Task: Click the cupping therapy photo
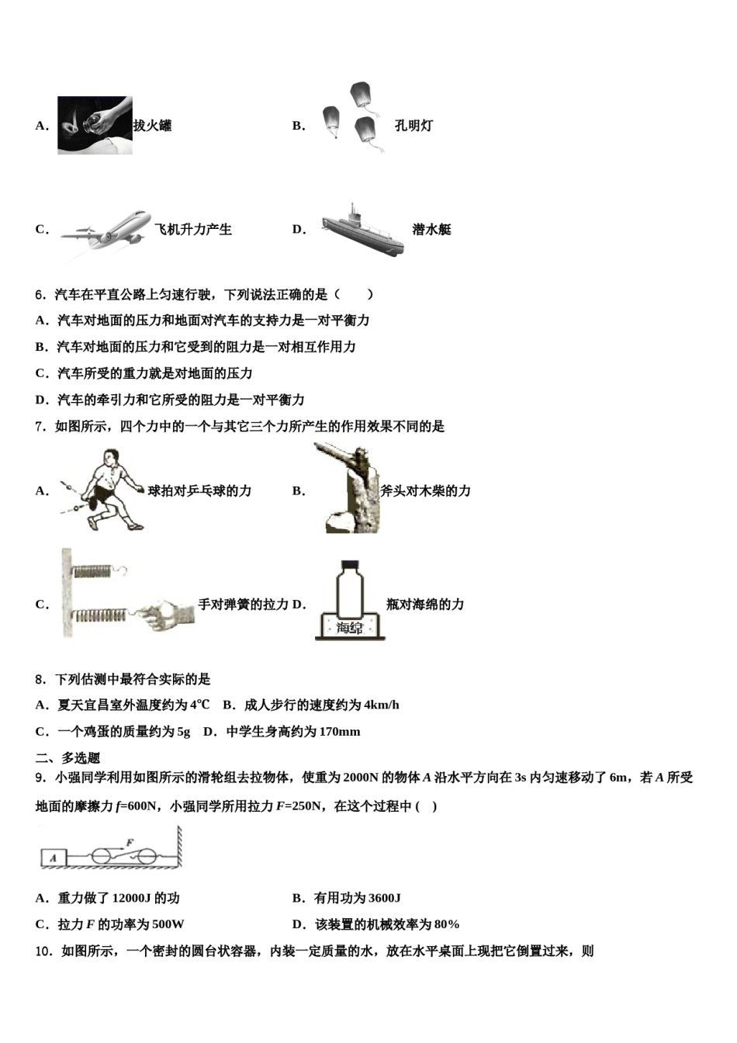[95, 125]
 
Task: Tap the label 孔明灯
[413, 126]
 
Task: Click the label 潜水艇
[431, 230]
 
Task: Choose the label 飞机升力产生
[193, 230]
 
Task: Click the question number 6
[40, 295]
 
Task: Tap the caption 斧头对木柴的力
[425, 491]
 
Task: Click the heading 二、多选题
[68, 758]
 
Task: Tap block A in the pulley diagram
[54, 858]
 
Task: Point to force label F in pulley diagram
[130, 841]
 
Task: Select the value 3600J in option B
[380, 899]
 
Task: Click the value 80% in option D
[447, 925]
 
